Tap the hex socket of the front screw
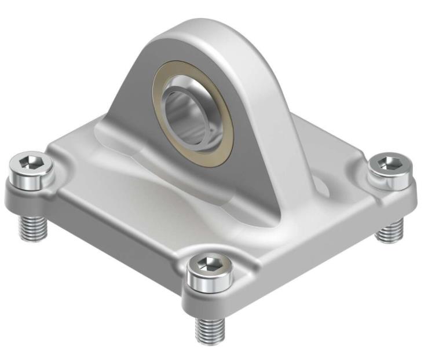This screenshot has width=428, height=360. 207,264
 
